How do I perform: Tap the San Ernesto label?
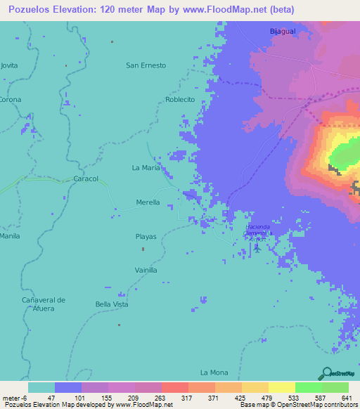(146, 65)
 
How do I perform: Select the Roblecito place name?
(180, 100)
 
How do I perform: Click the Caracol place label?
(86, 179)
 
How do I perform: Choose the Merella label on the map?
(148, 202)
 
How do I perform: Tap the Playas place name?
(146, 237)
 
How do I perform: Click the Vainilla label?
(146, 270)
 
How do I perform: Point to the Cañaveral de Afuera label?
(43, 304)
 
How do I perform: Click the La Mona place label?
(214, 372)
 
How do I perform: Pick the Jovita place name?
(9, 65)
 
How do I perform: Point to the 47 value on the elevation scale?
(51, 397)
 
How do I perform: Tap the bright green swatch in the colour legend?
(308, 387)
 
